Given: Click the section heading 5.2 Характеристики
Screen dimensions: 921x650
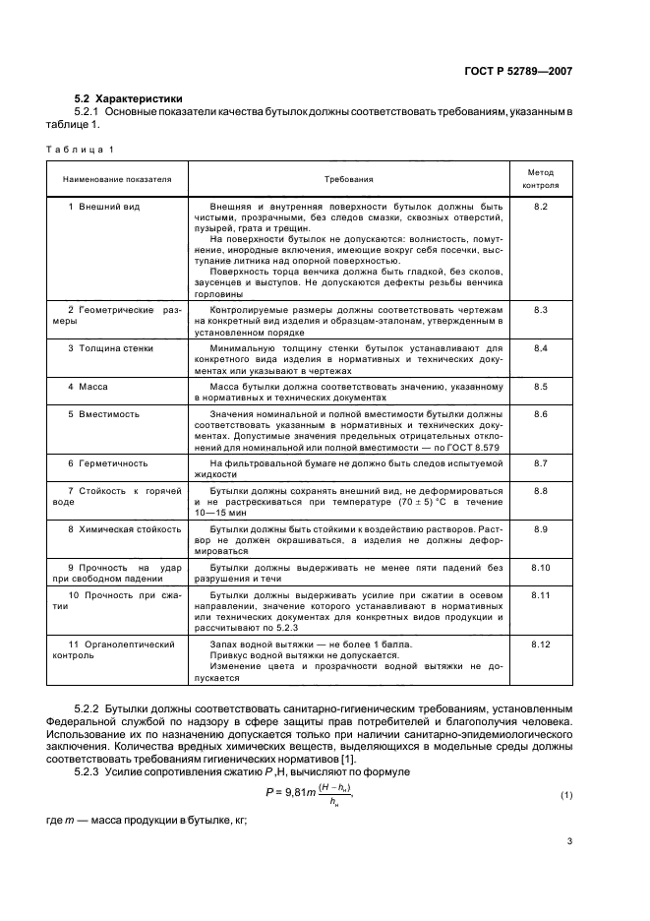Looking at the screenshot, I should click(128, 98).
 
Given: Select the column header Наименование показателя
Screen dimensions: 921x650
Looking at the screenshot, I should click(117, 180).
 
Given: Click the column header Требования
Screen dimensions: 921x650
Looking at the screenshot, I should click(348, 180).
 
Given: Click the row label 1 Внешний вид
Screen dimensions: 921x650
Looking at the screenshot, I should click(101, 208).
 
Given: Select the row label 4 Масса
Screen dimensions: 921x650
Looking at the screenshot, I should click(87, 387).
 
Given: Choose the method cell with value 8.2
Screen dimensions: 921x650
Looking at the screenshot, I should click(540, 208).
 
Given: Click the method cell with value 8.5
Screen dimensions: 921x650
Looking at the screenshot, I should click(540, 387).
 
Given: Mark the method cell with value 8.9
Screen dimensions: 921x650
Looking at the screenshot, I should click(540, 528).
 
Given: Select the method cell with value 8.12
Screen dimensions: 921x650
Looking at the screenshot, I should click(540, 643).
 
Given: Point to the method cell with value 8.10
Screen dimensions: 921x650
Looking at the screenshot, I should click(540, 568).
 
